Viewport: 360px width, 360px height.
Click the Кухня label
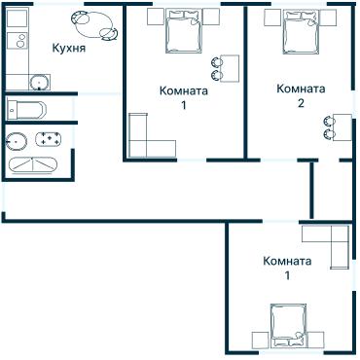click(69, 49)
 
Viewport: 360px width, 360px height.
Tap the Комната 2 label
click(301, 95)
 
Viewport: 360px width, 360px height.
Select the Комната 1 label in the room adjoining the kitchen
click(184, 97)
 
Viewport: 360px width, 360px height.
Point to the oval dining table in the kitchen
click(94, 25)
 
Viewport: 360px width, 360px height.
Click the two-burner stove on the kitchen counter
click(18, 41)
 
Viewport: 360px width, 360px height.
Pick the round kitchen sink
click(40, 83)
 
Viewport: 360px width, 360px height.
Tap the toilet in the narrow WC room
click(26, 110)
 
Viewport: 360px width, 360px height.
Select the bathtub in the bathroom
click(33, 165)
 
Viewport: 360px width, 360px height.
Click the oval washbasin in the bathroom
click(17, 141)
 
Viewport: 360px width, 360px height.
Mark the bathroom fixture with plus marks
click(48, 139)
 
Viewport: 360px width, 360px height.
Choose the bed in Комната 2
click(302, 31)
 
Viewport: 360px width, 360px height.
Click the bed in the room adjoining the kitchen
click(184, 31)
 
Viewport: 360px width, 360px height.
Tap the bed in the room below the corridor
click(289, 326)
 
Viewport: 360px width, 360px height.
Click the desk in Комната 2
click(343, 127)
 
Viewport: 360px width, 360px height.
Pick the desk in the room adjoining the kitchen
click(230, 68)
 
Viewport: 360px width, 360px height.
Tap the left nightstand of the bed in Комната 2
click(272, 18)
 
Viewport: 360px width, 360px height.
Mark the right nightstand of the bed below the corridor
click(315, 341)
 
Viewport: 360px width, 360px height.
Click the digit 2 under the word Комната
click(301, 103)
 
